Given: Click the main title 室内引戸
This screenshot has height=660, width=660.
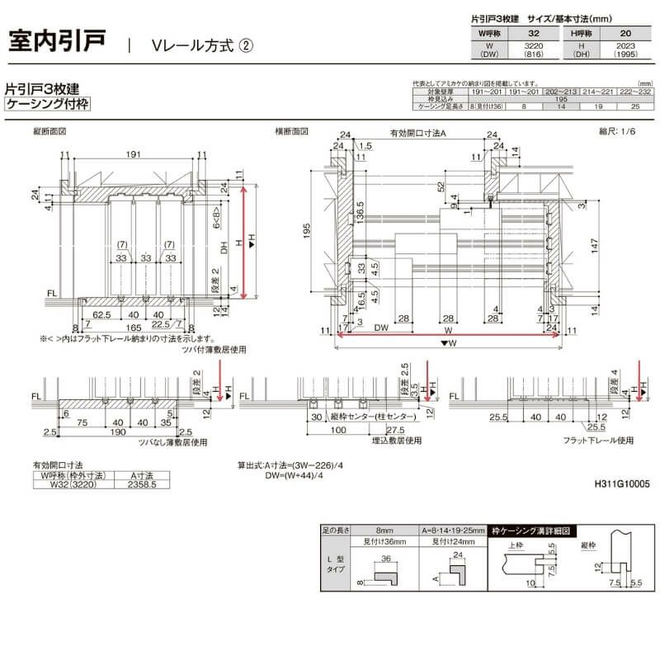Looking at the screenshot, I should (x=57, y=42).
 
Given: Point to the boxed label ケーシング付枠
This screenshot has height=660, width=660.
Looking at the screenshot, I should (x=47, y=104).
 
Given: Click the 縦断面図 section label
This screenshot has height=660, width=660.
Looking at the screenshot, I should (x=49, y=131).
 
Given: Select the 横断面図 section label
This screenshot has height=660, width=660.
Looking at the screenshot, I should (x=291, y=131).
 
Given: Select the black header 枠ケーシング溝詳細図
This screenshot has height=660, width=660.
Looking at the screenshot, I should (x=532, y=532).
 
